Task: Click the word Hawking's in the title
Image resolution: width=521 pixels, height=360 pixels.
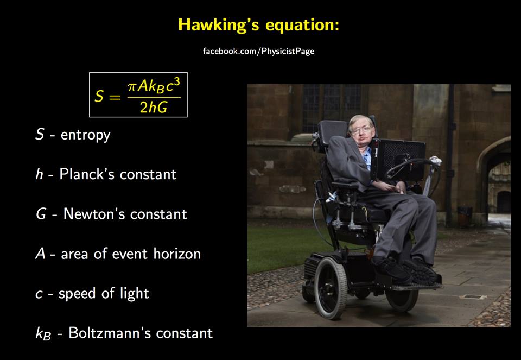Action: [219, 25]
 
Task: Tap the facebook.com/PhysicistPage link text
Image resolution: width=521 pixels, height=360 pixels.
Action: [258, 51]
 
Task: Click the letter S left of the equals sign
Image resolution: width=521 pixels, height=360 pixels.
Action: [99, 97]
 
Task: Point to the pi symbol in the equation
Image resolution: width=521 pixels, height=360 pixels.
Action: [132, 87]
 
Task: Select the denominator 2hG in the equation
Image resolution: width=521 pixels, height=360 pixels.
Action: [154, 108]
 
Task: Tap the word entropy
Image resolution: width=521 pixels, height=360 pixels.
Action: [85, 135]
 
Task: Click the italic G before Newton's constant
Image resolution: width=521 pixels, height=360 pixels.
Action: [41, 214]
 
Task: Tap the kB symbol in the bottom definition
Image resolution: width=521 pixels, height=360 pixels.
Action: [43, 334]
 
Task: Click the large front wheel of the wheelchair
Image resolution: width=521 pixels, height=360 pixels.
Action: [331, 288]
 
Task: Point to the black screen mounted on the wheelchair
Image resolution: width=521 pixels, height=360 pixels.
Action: [398, 160]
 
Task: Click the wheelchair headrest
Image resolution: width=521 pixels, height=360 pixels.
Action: [332, 132]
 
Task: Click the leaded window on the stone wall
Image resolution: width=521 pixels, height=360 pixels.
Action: [332, 107]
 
